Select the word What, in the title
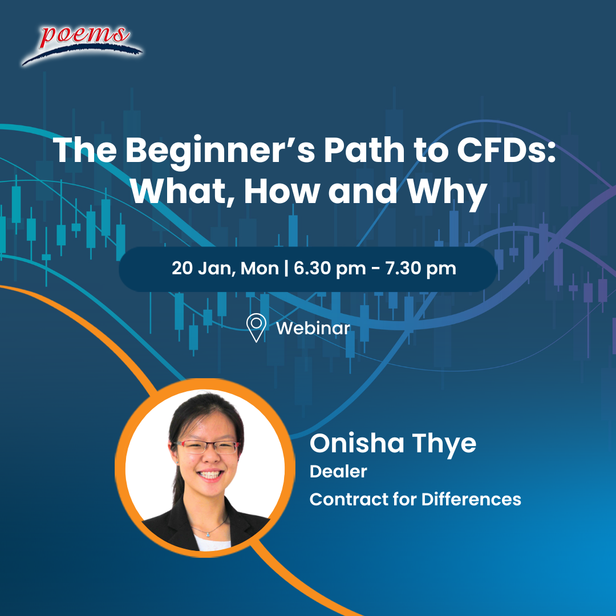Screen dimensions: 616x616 pyautogui.click(x=182, y=191)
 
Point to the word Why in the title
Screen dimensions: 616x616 pyautogui.click(x=447, y=193)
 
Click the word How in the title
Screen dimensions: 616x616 pyautogui.click(x=282, y=191)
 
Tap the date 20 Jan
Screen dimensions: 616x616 pyautogui.click(x=204, y=269)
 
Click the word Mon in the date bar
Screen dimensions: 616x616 pyautogui.click(x=260, y=268)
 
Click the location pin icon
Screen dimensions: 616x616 pyautogui.click(x=256, y=327)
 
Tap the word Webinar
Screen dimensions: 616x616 pyautogui.click(x=313, y=329)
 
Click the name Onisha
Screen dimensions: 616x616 pyautogui.click(x=356, y=444)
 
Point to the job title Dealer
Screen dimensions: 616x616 pyautogui.click(x=338, y=472)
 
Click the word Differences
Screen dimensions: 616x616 pyautogui.click(x=471, y=499)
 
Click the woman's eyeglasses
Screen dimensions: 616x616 pyautogui.click(x=206, y=447)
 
